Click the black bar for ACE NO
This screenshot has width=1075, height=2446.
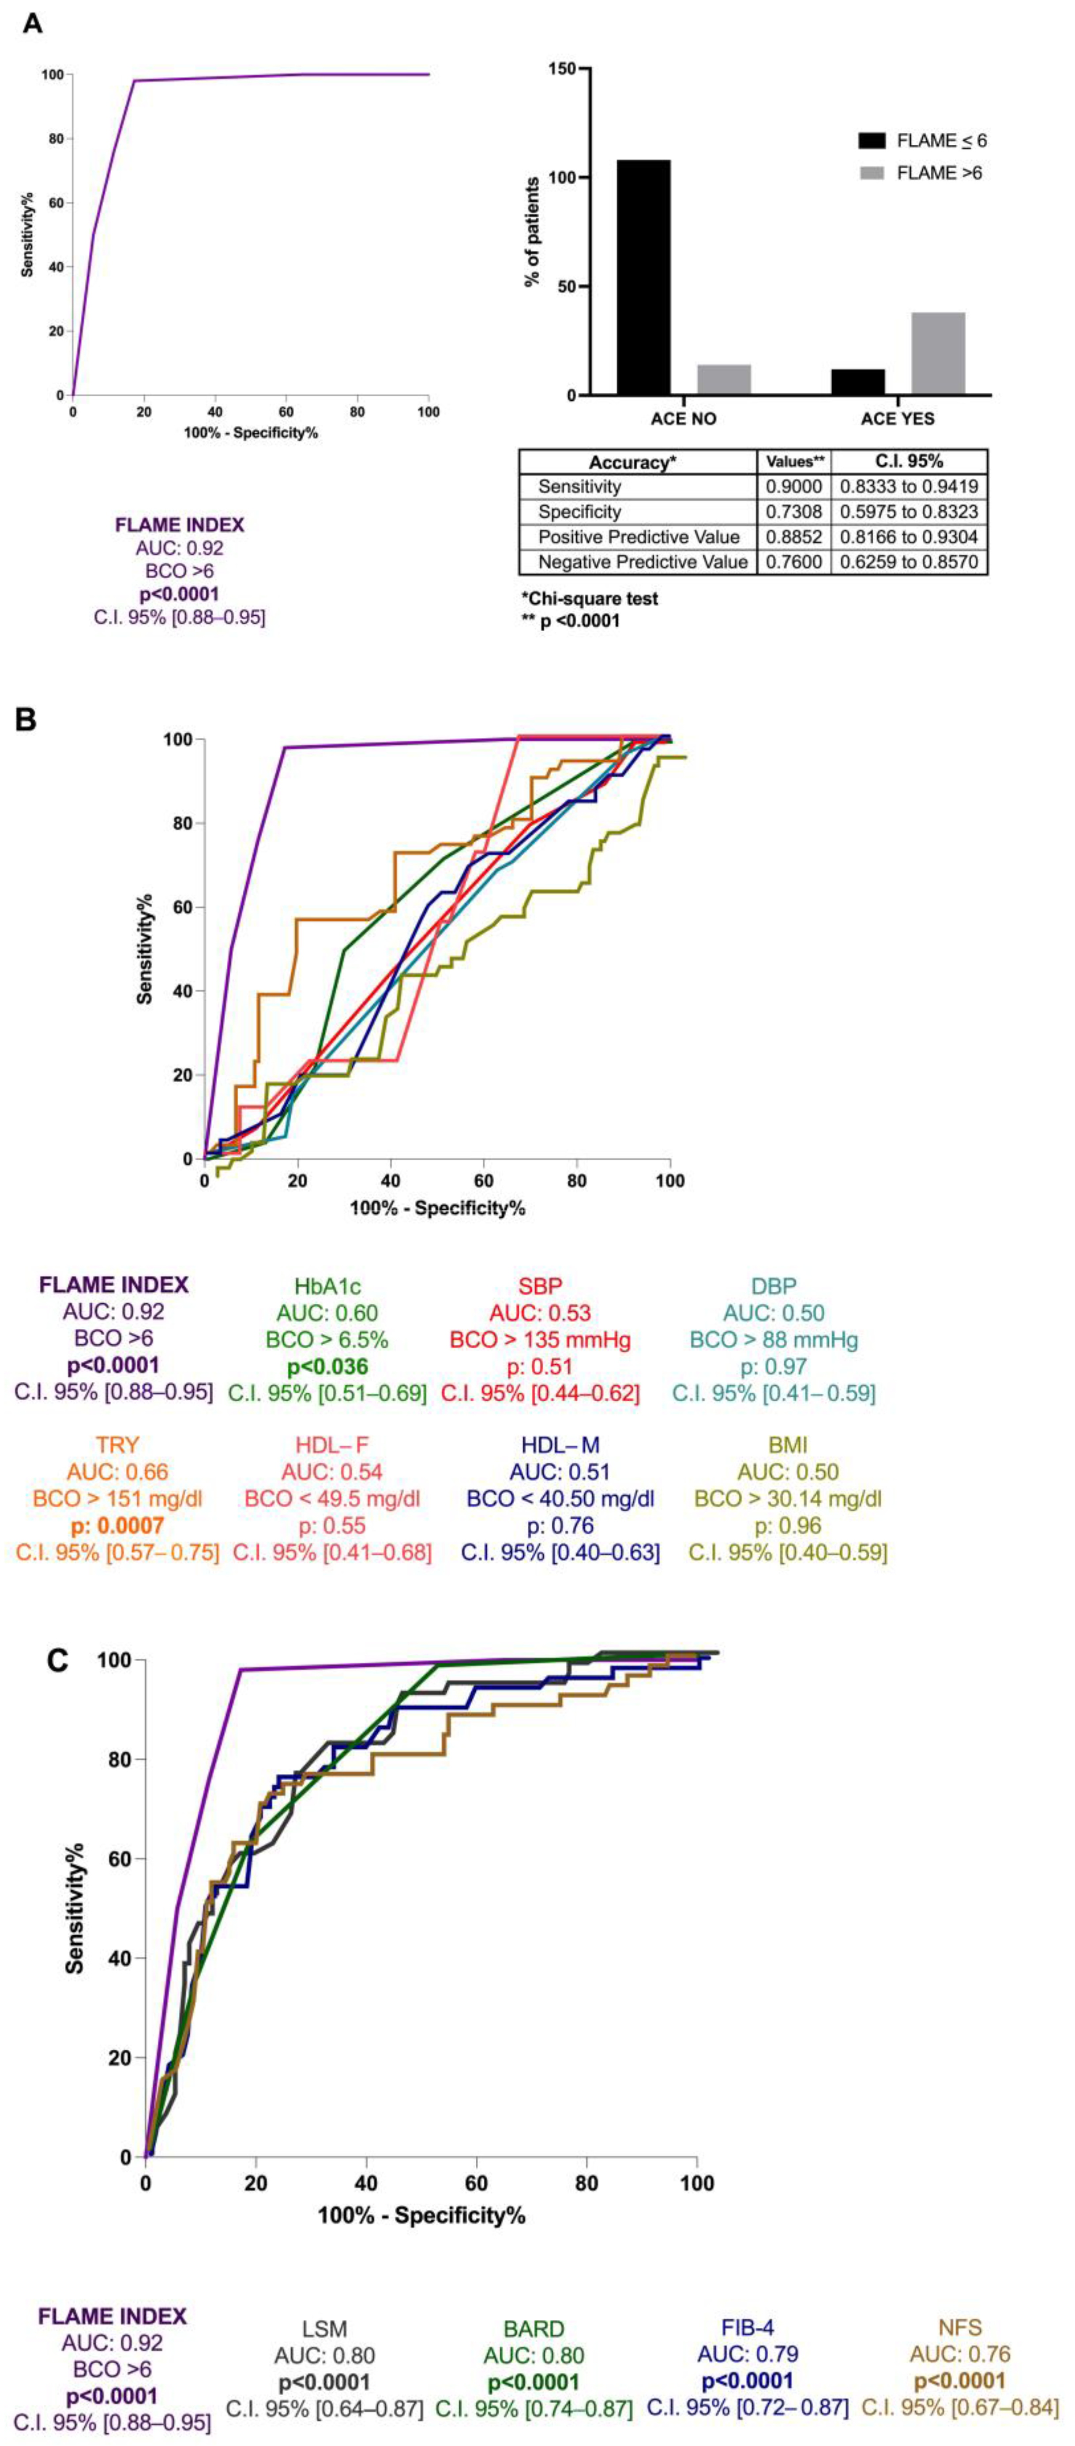click(x=644, y=277)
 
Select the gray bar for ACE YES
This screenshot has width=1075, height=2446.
click(x=938, y=353)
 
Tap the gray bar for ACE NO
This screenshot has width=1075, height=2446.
click(x=724, y=380)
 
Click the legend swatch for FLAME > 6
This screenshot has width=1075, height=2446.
click(x=872, y=173)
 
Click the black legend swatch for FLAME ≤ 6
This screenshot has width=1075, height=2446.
click(x=872, y=140)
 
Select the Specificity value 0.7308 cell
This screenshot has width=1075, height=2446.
click(x=793, y=512)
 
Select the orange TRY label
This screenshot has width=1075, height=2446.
click(x=117, y=1445)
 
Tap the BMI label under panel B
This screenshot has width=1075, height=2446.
click(x=787, y=1445)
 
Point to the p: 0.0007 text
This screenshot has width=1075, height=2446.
click(x=117, y=1526)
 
